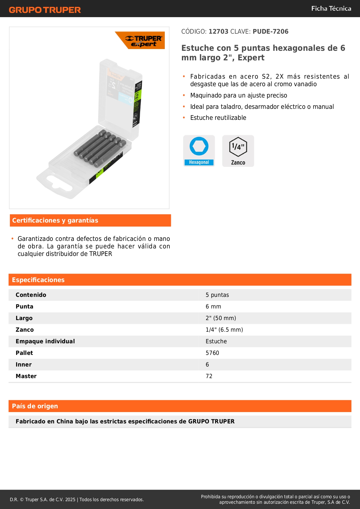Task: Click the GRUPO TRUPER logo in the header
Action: tap(45, 10)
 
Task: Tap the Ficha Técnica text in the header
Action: tap(331, 8)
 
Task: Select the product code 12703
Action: tap(218, 32)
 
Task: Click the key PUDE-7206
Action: tap(270, 32)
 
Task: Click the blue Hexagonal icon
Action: tap(199, 151)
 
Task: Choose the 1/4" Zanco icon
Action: tap(238, 151)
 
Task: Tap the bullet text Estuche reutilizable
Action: tap(218, 118)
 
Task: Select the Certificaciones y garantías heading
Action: tap(55, 221)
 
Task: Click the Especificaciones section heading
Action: tap(38, 280)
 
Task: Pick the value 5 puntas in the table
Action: tap(217, 295)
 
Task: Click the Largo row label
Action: tap(24, 318)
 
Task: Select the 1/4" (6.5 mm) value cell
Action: tap(224, 330)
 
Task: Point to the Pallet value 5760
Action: tap(212, 353)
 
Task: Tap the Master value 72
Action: tap(209, 376)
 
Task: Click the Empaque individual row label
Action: tap(45, 342)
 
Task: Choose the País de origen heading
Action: tap(35, 406)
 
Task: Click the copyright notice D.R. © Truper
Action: tap(77, 500)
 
